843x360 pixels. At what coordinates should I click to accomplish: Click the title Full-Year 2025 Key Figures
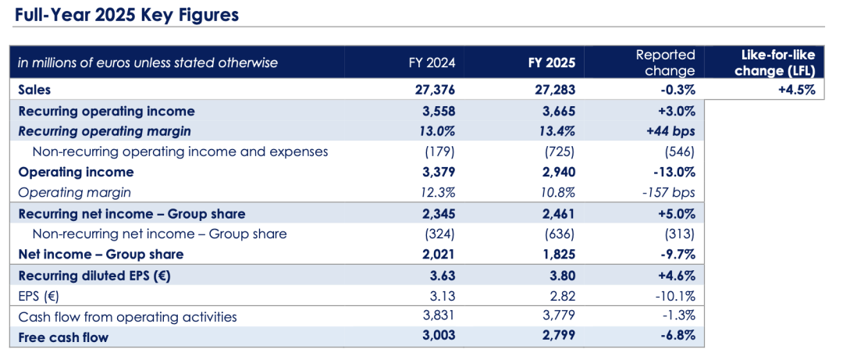click(127, 15)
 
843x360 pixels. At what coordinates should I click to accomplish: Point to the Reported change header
click(665, 62)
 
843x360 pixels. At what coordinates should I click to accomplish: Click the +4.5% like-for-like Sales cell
click(795, 90)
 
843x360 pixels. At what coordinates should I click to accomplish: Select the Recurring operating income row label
click(106, 111)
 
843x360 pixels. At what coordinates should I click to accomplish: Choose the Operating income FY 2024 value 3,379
click(435, 172)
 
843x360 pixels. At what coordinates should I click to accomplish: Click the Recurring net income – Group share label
click(131, 213)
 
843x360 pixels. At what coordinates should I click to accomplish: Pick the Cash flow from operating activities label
click(127, 316)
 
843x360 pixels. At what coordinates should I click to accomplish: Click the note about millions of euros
click(148, 62)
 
